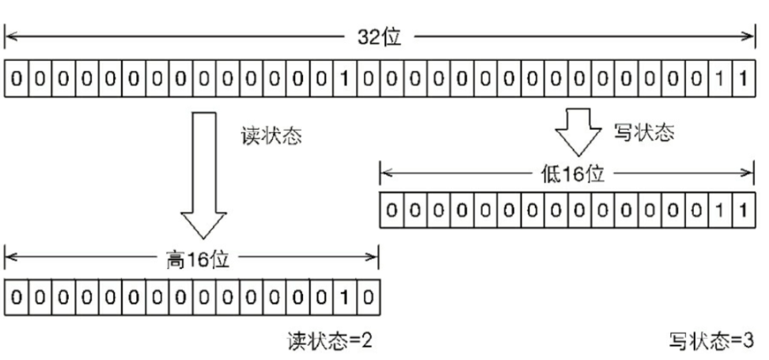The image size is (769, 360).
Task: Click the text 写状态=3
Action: [x=710, y=341]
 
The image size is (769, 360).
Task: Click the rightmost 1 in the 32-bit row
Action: [x=743, y=80]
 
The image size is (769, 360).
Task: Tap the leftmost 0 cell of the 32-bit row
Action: [x=16, y=80]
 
